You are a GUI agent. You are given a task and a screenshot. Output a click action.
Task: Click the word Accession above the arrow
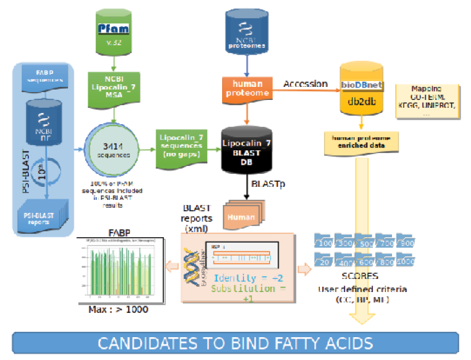pos(305,84)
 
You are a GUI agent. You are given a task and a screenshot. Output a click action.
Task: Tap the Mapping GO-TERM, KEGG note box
pos(427,100)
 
